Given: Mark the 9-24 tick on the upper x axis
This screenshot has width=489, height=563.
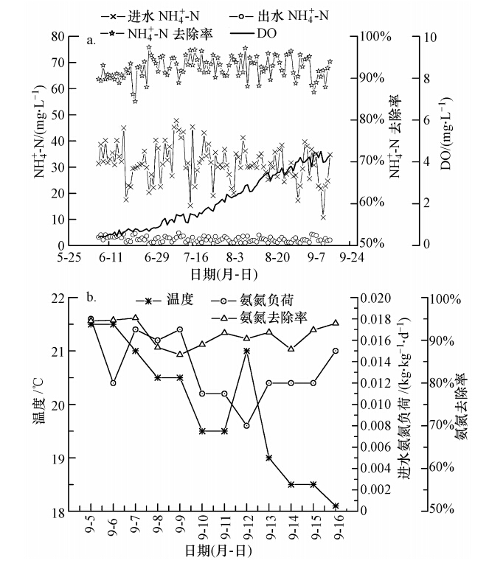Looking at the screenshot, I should pos(353,258).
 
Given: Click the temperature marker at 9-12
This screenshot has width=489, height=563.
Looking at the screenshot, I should pos(246,352).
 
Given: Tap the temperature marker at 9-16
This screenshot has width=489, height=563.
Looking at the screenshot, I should pos(336,506).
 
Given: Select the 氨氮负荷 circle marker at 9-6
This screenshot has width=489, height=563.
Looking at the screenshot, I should pos(113,383).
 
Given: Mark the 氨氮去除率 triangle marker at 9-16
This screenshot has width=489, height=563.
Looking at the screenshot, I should pos(336,323).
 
